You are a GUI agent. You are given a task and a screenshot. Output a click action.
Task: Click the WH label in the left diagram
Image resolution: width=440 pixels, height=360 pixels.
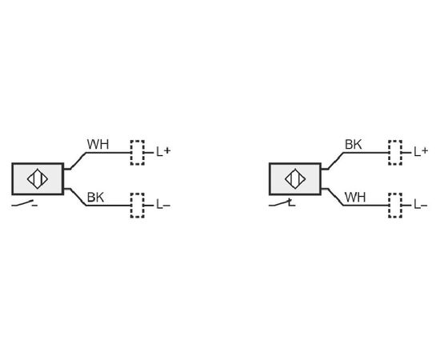(x=98, y=145)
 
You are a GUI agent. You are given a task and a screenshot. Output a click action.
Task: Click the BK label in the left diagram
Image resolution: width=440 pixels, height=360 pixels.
(x=95, y=198)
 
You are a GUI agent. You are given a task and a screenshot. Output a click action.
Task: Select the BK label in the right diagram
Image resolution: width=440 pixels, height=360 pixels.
(x=354, y=145)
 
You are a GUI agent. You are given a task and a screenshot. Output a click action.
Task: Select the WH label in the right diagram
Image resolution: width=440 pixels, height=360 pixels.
(x=355, y=198)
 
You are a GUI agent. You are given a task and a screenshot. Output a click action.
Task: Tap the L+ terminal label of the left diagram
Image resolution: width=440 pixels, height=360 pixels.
(x=163, y=152)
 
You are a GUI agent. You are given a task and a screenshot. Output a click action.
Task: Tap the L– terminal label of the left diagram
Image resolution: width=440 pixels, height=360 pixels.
(x=163, y=205)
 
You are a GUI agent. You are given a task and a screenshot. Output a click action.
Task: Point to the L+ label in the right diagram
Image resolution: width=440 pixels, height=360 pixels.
(x=421, y=152)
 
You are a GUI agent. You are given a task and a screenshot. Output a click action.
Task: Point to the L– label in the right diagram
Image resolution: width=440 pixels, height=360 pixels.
(x=421, y=205)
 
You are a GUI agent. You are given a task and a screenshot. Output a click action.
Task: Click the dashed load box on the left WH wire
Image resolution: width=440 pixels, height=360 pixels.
(x=138, y=153)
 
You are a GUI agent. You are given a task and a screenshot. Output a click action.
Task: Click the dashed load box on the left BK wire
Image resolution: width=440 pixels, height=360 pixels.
(x=138, y=206)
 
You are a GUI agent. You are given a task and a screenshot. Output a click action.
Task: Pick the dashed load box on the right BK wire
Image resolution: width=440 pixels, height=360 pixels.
(x=395, y=153)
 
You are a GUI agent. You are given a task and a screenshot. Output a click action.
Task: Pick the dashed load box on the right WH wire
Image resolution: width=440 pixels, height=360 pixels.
(x=395, y=206)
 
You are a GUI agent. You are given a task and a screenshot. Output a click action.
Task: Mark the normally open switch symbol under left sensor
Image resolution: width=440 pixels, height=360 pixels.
(x=25, y=204)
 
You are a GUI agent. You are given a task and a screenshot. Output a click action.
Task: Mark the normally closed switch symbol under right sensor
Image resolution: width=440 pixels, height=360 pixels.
(x=282, y=203)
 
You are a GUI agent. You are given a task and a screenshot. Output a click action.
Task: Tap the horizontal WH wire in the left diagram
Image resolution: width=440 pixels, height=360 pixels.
(x=108, y=153)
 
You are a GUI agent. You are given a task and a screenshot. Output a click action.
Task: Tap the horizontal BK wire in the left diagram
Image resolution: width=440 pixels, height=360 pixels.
(x=108, y=206)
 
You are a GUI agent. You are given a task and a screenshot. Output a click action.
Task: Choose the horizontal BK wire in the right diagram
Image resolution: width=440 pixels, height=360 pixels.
(x=366, y=153)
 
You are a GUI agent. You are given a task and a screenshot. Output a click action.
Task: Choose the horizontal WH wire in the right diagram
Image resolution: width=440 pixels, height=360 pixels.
(x=366, y=206)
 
